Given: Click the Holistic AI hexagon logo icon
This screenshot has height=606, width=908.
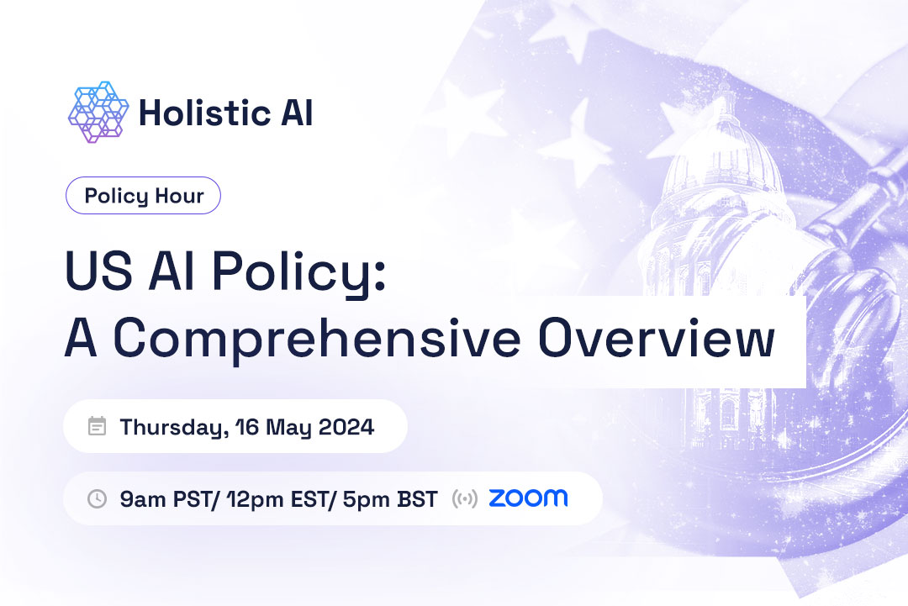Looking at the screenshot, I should [98, 112].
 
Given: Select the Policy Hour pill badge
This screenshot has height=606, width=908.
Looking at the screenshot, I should [143, 196].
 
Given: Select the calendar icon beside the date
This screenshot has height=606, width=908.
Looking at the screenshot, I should [98, 426].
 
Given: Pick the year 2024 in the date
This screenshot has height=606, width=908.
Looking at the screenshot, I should [346, 427].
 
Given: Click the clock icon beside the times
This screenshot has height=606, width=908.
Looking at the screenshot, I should [98, 498].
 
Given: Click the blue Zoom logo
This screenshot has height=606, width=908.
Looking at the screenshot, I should [528, 498].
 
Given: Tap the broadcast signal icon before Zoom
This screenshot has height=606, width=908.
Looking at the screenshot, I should [464, 498].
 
